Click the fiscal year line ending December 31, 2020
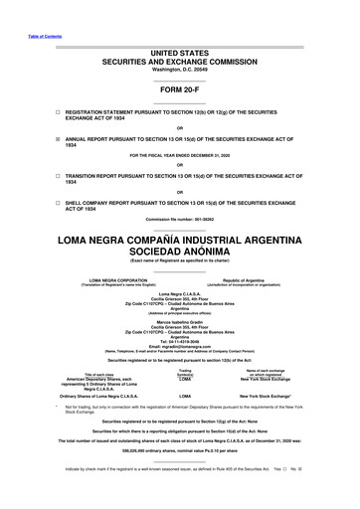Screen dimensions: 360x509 click(180, 156)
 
